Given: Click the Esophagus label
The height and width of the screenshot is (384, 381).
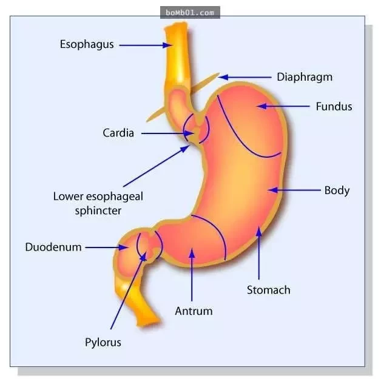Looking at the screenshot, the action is pyautogui.click(x=87, y=45).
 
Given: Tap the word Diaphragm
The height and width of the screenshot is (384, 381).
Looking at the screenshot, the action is pyautogui.click(x=305, y=78).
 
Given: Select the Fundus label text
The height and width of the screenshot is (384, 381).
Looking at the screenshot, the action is pyautogui.click(x=334, y=107).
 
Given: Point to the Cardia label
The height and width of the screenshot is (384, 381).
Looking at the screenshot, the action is pyautogui.click(x=118, y=133).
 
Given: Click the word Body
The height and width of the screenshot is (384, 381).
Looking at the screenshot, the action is pyautogui.click(x=337, y=190).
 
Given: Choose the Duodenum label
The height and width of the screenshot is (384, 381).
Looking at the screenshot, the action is pyautogui.click(x=53, y=247).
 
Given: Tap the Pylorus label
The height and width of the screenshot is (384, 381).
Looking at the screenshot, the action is pyautogui.click(x=103, y=342).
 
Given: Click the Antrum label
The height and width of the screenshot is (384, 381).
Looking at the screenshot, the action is pyautogui.click(x=194, y=311).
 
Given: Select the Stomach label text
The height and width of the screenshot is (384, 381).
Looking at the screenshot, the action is pyautogui.click(x=269, y=290).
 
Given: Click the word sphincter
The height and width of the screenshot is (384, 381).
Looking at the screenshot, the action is pyautogui.click(x=98, y=211).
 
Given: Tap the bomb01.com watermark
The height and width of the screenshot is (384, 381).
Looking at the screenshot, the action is pyautogui.click(x=190, y=13).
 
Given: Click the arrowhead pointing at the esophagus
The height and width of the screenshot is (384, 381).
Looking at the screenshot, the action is pyautogui.click(x=167, y=45).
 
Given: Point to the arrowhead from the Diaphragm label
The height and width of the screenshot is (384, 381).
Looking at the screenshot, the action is pyautogui.click(x=223, y=78).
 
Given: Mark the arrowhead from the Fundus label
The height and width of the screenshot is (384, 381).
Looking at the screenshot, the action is pyautogui.click(x=262, y=106).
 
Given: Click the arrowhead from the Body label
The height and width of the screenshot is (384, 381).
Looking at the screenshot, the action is pyautogui.click(x=273, y=190).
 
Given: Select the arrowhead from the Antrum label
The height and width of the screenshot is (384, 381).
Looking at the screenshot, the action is pyautogui.click(x=192, y=253).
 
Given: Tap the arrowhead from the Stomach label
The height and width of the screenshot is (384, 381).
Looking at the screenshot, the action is pyautogui.click(x=259, y=232).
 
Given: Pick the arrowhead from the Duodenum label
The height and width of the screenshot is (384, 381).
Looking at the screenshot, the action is pyautogui.click(x=123, y=248).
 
